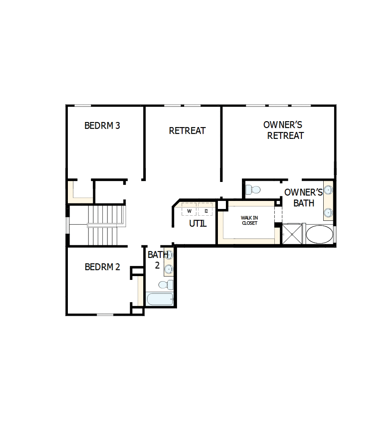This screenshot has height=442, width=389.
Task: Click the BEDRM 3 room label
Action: click(x=102, y=126)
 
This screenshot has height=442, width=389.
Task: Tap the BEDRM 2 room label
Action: click(x=102, y=267)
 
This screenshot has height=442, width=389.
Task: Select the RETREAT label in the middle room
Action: click(x=187, y=131)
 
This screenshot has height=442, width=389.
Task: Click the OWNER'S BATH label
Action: click(x=303, y=198)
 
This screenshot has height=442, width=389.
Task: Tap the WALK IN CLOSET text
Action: click(x=249, y=220)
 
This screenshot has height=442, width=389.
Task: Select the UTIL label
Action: click(x=198, y=224)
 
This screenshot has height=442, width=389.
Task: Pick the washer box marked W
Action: click(x=189, y=210)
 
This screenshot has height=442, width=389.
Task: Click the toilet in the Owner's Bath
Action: click(x=254, y=190)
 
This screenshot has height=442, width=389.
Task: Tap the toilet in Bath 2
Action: click(x=168, y=283)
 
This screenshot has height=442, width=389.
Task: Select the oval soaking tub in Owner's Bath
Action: click(x=319, y=234)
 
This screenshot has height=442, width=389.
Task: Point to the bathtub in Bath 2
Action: click(x=160, y=299)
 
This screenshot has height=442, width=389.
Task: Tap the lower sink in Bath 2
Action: click(x=169, y=268)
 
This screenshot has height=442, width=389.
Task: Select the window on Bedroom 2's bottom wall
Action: click(x=105, y=315)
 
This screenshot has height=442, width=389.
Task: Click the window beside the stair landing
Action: click(x=67, y=225)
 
